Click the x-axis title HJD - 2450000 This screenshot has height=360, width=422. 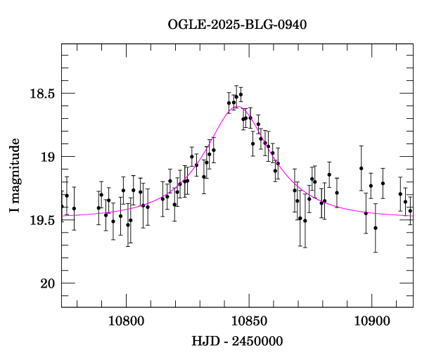237,342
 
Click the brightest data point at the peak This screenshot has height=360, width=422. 241,94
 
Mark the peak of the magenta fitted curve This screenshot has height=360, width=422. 239,107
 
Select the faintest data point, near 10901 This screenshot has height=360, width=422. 376,228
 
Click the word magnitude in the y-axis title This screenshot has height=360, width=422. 15,169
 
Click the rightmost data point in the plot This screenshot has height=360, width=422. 410,210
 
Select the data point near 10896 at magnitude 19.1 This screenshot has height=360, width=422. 361,168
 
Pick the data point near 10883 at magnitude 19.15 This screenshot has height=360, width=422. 329,174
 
